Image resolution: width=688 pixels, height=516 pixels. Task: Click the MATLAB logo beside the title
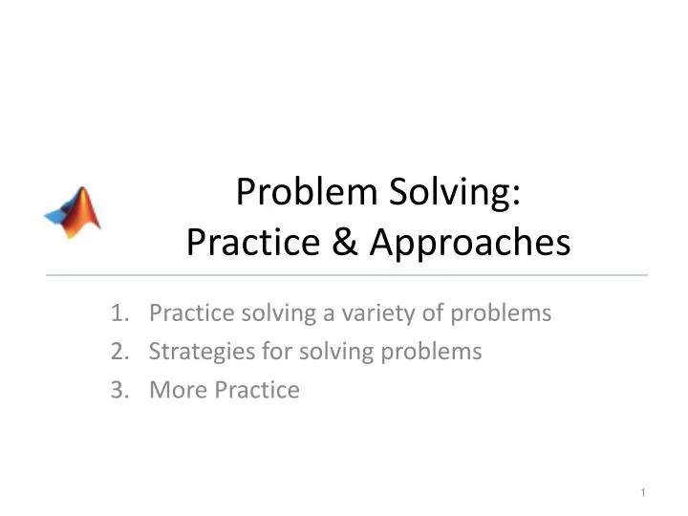pos(73,211)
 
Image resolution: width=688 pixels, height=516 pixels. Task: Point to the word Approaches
pos(469,245)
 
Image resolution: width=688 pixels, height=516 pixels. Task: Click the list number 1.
pos(118,312)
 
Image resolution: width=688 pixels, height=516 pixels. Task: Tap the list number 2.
pos(118,352)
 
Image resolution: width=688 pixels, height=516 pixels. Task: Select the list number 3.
pos(118,390)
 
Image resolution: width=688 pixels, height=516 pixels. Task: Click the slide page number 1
pos(645,492)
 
